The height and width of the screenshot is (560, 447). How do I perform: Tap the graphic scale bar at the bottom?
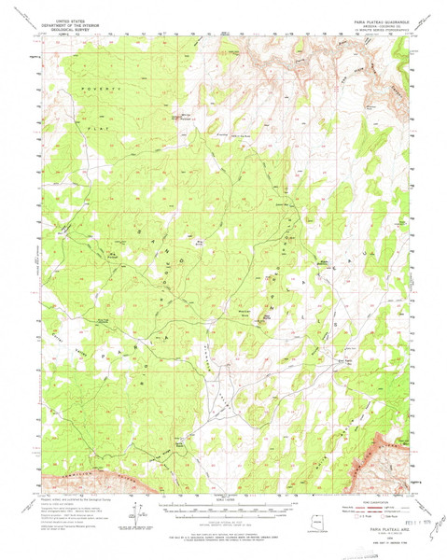(224, 510)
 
